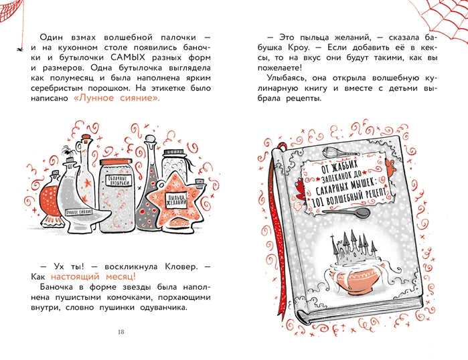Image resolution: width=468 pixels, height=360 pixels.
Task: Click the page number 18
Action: coord(121,332)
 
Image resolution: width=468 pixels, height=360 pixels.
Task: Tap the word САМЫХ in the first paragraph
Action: coord(128,58)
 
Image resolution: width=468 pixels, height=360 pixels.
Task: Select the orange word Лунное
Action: coord(94,98)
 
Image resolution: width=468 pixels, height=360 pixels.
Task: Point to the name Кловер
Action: coord(181,266)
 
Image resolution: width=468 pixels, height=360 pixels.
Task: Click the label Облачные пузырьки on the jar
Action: coord(119,181)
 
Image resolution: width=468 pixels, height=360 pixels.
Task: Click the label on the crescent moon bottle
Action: coord(79,212)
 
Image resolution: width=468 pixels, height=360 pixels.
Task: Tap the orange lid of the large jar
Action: coord(116,162)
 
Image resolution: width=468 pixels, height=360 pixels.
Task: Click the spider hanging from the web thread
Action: coord(19,48)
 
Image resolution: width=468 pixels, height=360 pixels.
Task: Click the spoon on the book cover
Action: coord(347,213)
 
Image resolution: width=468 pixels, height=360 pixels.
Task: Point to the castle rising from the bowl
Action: coord(353,248)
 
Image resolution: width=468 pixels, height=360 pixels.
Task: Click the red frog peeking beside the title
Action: coord(299,188)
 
